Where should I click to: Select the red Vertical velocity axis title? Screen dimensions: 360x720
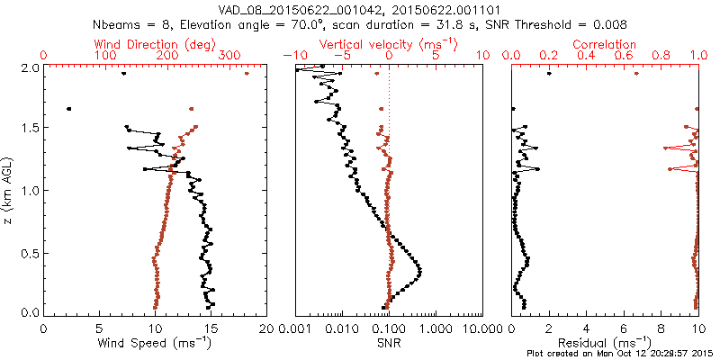(x=388, y=43)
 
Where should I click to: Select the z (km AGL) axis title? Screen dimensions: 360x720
(x=10, y=190)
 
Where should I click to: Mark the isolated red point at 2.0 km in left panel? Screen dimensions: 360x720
(x=247, y=74)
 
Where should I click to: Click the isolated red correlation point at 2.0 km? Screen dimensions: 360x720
(x=636, y=74)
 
